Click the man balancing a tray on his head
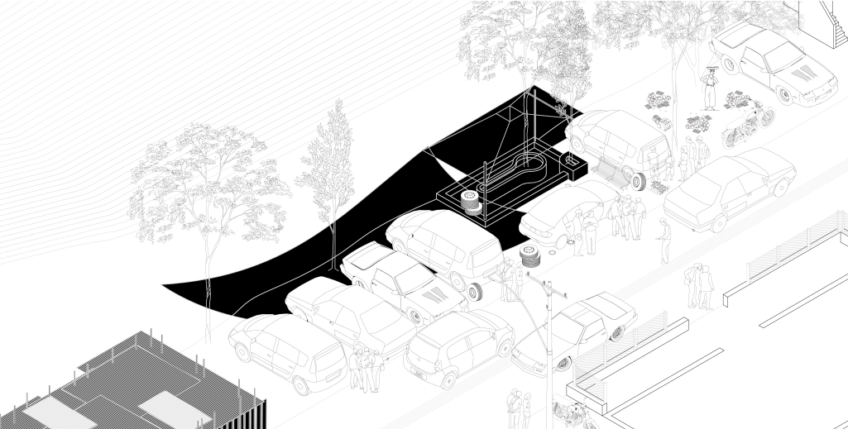(710, 88)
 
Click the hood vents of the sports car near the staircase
(799, 74)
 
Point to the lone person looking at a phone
(664, 240)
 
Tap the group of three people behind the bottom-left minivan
(365, 368)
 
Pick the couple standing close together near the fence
(700, 285)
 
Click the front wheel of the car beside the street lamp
(566, 360)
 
